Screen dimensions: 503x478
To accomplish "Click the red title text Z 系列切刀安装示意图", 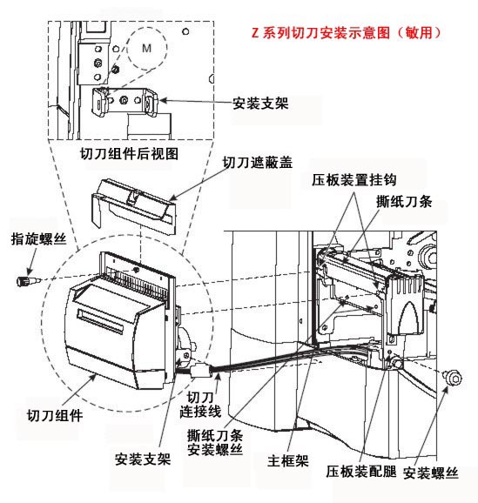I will pyautogui.click(x=347, y=33).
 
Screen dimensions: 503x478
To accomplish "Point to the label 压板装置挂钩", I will pyautogui.click(x=354, y=179).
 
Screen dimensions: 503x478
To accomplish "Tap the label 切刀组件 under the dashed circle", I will pyautogui.click(x=53, y=415).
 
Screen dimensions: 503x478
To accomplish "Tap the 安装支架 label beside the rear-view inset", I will pyautogui.click(x=261, y=103).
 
